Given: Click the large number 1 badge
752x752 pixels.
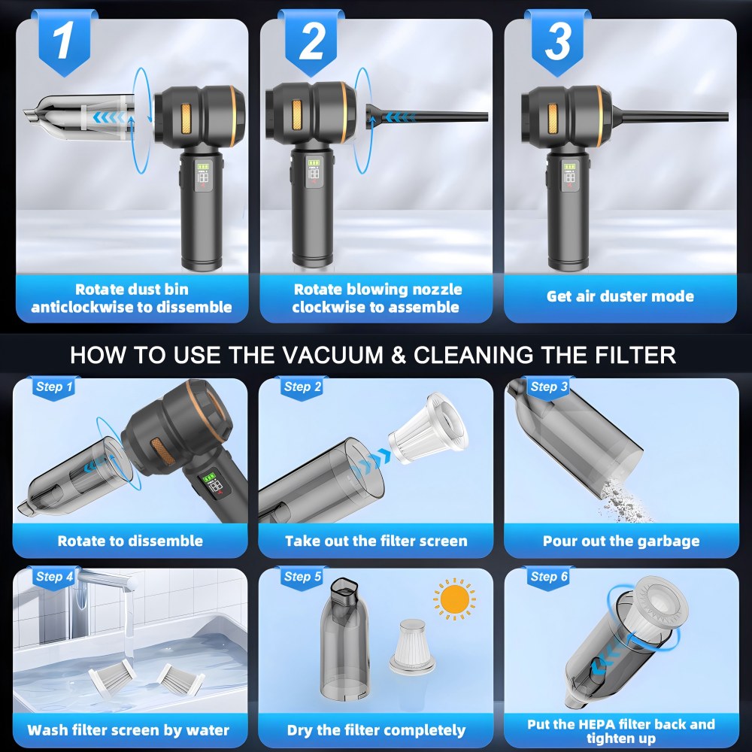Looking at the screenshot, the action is pos(64,42).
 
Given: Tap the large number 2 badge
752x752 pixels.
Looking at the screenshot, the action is pos(311,42).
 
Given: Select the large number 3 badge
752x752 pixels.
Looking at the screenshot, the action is pos(557,42).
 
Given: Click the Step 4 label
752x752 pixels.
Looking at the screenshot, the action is pos(55,577).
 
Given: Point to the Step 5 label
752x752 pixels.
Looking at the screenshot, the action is pos(302,577).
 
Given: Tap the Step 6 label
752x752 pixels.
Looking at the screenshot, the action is pos(549,577).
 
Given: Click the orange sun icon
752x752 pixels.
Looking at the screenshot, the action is pos(454,599).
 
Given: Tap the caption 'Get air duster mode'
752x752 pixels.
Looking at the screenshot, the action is pos(620,296).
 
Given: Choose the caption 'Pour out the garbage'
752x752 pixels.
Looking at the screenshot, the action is pos(621,541).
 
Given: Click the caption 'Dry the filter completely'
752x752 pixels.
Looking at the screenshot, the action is pos(376,730).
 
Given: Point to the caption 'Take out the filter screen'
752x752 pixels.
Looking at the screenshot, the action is pos(376,541).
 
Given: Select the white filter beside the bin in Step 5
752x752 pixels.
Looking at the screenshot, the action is pos(411,645).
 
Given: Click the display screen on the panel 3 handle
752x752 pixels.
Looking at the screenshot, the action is pos(569,174).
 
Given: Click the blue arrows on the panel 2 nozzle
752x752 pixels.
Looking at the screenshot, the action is pos(399,117).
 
